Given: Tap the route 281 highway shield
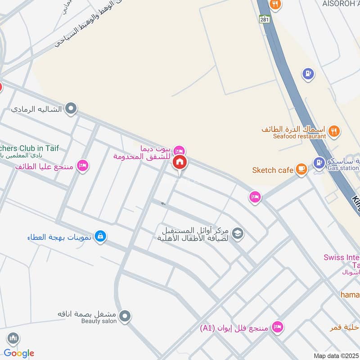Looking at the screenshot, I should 264,19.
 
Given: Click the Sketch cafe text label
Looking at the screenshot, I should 273,170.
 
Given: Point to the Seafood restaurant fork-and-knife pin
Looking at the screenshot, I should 333,131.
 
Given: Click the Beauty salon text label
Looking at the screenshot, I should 99,321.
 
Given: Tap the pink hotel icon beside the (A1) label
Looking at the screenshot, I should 278,327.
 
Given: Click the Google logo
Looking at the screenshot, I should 19,353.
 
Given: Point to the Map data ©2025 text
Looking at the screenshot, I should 336,355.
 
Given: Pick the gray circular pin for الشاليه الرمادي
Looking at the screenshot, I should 71,108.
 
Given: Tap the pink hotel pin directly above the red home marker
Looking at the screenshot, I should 180,150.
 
